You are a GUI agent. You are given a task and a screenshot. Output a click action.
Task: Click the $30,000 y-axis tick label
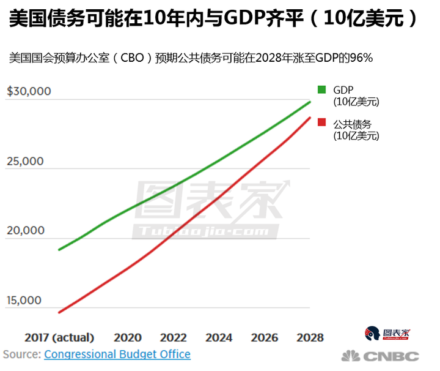point(37,92)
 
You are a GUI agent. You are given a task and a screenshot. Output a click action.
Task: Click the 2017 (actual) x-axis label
point(59,337)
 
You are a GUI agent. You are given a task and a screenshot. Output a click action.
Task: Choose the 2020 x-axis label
point(128,337)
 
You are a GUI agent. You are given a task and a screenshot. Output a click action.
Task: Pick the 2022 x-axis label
point(174,337)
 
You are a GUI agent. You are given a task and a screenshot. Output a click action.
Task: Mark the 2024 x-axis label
point(219,337)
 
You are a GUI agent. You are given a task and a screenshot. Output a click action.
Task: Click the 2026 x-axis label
point(265,337)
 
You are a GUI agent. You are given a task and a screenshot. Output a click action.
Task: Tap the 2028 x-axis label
point(310,337)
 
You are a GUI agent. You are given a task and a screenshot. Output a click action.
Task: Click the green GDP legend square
point(322,90)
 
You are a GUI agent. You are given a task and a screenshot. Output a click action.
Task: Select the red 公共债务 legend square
point(322,123)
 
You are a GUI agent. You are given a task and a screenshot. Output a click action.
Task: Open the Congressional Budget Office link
point(117,354)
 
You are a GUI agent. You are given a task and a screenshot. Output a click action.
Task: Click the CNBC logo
point(380,356)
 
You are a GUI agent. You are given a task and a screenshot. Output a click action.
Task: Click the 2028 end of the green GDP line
point(310,101)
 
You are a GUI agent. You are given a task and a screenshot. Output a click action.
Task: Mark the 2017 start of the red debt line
point(59,312)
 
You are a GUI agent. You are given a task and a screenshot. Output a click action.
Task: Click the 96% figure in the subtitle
point(361,58)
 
